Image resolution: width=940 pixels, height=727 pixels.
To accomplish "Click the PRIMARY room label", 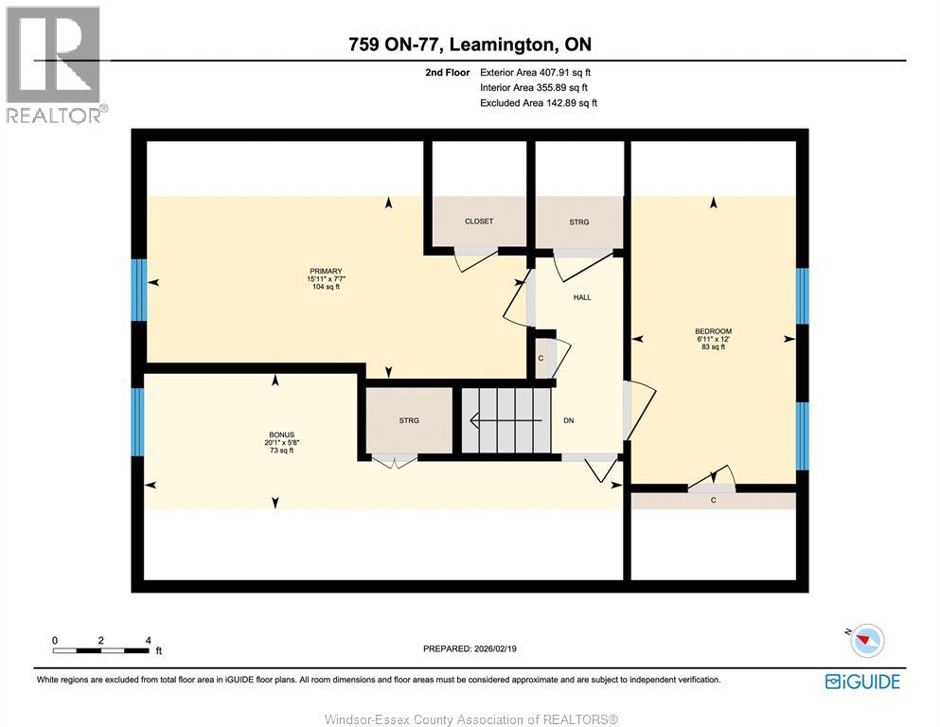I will pos(324,271).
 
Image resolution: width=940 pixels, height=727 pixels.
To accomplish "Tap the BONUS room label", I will pos(279,434).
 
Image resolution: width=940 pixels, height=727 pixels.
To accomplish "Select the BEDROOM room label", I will pos(714,331).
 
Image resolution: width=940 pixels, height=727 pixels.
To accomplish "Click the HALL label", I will pos(582,297).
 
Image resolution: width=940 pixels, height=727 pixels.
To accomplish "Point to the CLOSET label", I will pos(479,222).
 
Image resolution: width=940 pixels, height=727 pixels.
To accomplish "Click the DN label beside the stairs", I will pos(569,420).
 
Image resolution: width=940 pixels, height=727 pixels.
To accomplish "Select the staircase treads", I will pos(505,420).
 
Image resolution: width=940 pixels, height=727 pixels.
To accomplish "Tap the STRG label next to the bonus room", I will pos(409,420).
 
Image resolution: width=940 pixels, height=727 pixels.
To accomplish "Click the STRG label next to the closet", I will pos(579,222).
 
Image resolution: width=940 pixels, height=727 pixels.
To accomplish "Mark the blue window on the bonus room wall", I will pos(139,421).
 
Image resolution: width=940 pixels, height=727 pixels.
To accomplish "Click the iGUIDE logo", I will pos(861,681).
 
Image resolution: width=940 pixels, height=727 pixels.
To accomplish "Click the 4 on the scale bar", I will pos(148,640).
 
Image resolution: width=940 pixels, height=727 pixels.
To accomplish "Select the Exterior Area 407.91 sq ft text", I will pos(538,72).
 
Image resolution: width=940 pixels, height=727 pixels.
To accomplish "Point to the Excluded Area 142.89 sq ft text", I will pos(539,103).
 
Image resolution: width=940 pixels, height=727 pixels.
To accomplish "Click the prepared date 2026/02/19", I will pos(470,648).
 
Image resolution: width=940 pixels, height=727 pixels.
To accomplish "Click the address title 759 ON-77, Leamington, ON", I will pos(469,44).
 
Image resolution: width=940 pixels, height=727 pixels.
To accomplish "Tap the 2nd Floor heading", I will pos(448,72).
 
